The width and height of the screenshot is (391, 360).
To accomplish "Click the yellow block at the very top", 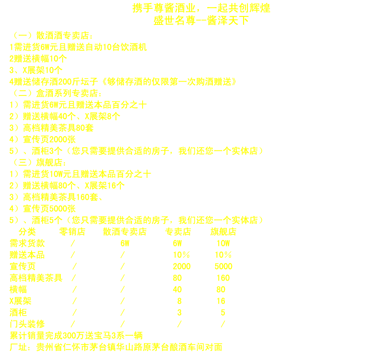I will (202, 14).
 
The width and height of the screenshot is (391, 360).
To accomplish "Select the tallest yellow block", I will (89, 254).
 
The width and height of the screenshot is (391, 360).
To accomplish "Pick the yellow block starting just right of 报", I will (213, 116).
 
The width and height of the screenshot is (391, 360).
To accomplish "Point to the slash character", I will (223, 325).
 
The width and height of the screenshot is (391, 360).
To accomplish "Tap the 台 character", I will (166, 348).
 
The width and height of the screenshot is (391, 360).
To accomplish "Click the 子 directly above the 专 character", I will (166, 220).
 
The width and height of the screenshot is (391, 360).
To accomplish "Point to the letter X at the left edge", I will (12, 301).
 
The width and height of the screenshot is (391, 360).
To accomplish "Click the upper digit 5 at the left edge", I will (12, 151).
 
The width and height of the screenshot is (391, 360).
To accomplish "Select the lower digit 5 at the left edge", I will (12, 221).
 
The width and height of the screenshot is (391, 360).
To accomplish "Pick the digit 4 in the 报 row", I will (12, 82).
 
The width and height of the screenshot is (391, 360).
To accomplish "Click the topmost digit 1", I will (12, 47).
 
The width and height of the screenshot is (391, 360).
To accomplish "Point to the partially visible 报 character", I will (166, 81).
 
